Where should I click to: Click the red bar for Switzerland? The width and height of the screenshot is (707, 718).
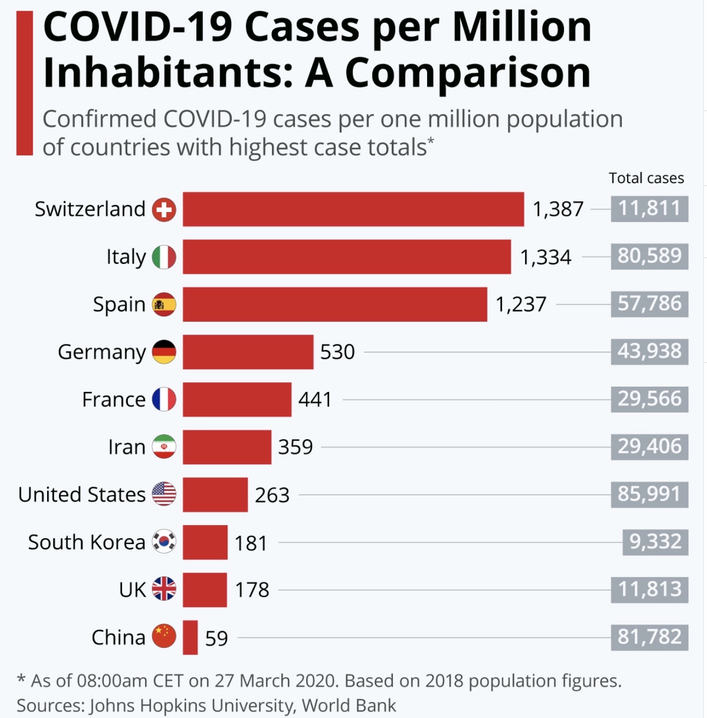[353, 209]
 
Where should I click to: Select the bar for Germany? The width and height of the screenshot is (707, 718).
[248, 352]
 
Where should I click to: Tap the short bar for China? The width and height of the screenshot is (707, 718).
[190, 637]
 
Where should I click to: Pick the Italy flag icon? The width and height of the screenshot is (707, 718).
[164, 257]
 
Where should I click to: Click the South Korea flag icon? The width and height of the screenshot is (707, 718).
[164, 542]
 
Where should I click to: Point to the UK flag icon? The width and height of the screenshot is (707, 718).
[164, 589]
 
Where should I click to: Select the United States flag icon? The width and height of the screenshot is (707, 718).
[164, 494]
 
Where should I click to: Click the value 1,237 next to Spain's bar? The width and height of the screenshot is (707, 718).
[521, 305]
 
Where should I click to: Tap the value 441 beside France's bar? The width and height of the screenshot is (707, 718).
[315, 399]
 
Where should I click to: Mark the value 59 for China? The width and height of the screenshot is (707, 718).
[216, 638]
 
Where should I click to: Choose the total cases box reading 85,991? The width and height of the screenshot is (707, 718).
[649, 494]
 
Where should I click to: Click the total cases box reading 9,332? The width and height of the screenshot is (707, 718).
[655, 542]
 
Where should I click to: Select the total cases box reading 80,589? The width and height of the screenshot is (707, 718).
[649, 256]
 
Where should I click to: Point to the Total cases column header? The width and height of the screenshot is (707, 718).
[646, 178]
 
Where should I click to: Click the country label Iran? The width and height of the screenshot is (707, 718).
[127, 447]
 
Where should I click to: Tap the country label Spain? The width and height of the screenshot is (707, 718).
[119, 305]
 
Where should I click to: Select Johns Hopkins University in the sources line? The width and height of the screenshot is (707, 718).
[192, 706]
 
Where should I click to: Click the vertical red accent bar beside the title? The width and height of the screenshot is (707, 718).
[25, 83]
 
